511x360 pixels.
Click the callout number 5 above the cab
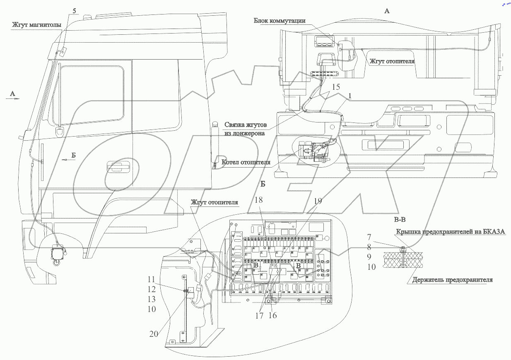pyautogui.click(x=75, y=11)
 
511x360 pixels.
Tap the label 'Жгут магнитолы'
pyautogui.click(x=36, y=25)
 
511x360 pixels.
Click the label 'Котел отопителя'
pyautogui.click(x=246, y=162)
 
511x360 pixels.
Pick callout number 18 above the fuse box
pyautogui.click(x=259, y=200)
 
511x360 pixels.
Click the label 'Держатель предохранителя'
pyautogui.click(x=452, y=280)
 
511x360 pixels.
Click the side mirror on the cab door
pyautogui.click(x=59, y=131)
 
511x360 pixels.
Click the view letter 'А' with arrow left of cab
pyautogui.click(x=12, y=94)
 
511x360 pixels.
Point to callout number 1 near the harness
pyautogui.click(x=350, y=95)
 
